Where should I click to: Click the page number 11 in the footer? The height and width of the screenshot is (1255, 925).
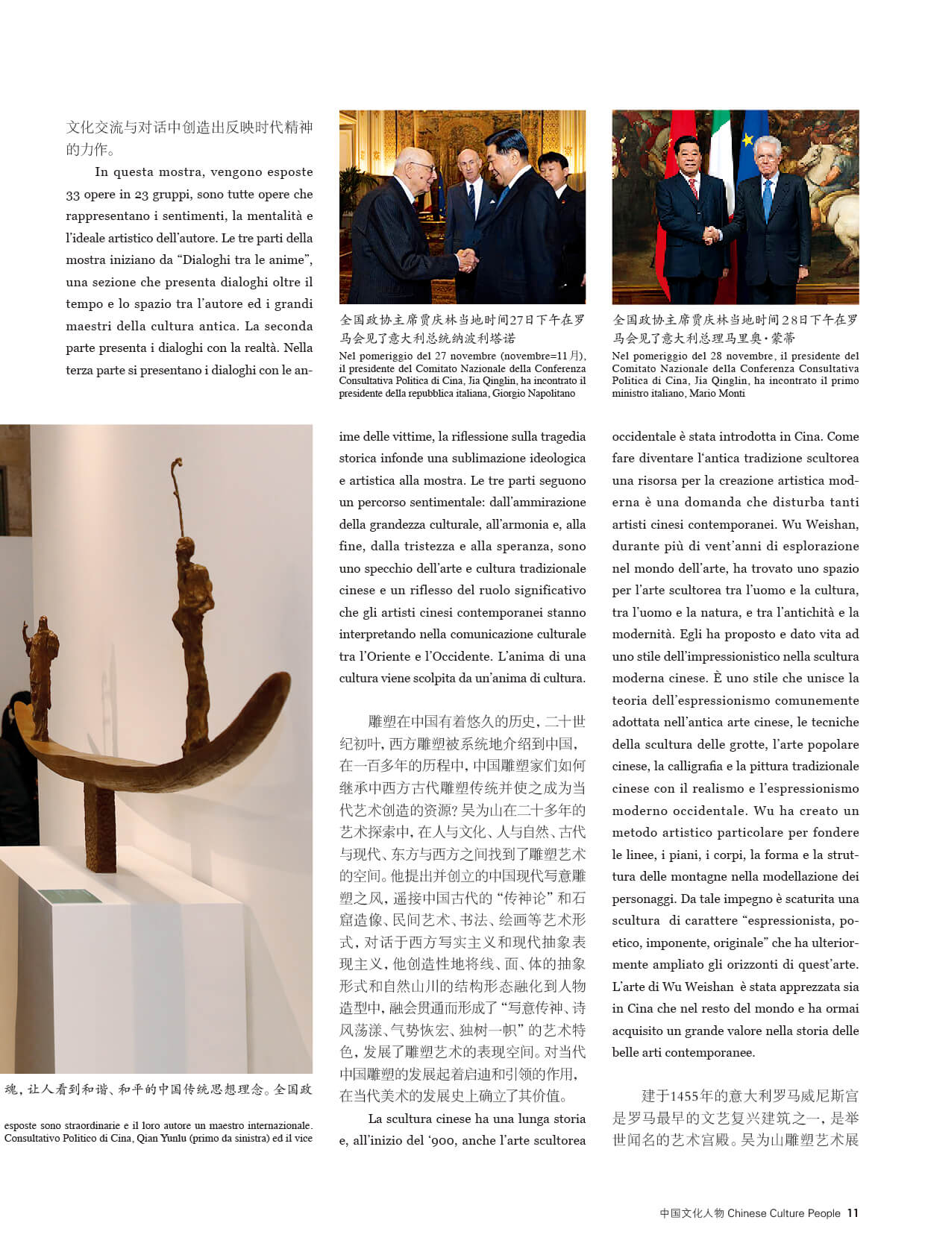tap(853, 1213)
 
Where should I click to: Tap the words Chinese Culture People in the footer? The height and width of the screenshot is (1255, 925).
tap(783, 1213)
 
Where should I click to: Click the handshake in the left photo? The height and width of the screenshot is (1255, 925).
tap(467, 260)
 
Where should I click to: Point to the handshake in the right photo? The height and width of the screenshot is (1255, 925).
tap(713, 235)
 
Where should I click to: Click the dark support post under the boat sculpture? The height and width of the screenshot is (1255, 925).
tap(99, 828)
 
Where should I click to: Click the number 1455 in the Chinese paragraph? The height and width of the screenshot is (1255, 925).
tap(685, 1096)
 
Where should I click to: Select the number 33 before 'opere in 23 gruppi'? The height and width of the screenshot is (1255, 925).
tap(72, 195)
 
